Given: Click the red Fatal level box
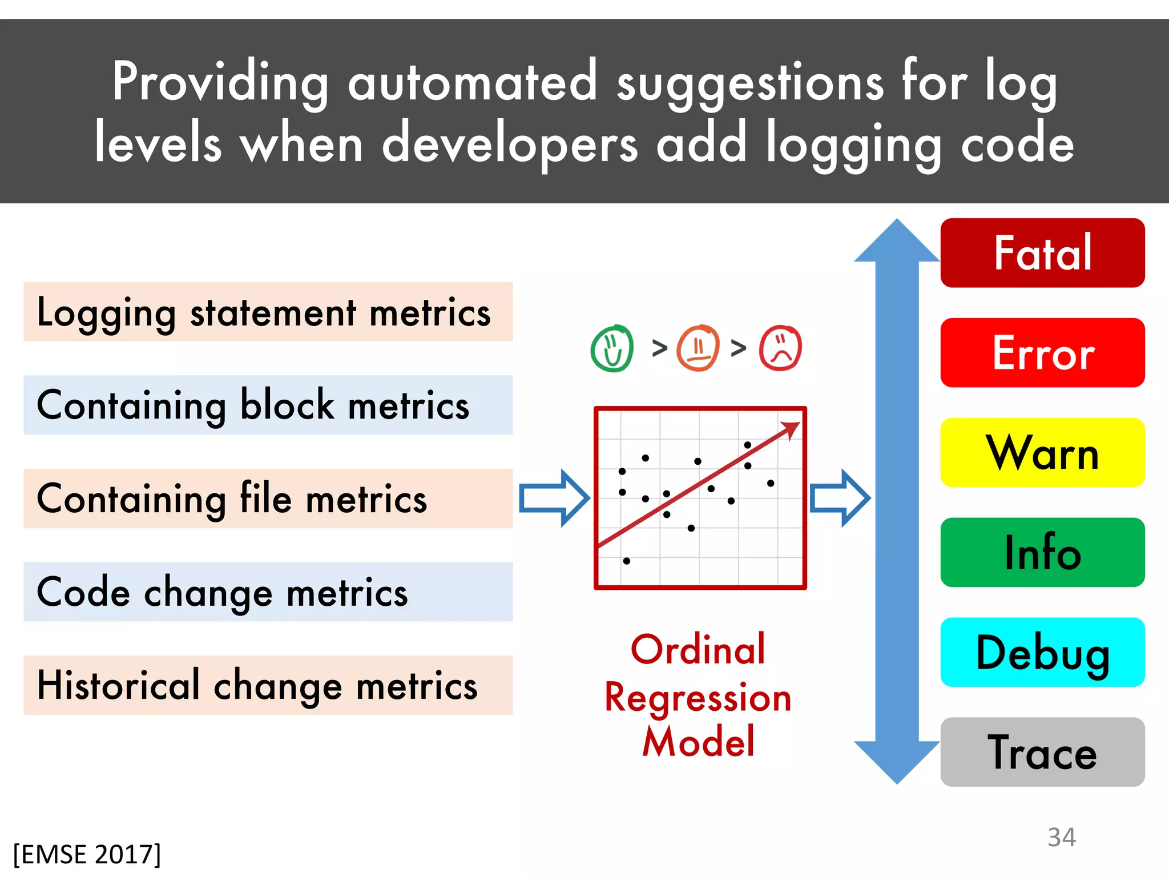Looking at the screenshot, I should click(1042, 252).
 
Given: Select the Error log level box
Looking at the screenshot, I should click(1042, 352).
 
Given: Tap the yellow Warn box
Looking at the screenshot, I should click(1042, 452).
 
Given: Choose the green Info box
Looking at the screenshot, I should click(1042, 552).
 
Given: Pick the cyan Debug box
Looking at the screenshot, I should click(1042, 652).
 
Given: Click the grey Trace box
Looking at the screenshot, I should click(1042, 752).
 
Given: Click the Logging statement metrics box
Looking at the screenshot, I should click(268, 312).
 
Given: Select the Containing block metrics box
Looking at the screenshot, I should click(268, 405).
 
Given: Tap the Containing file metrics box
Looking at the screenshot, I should click(268, 498).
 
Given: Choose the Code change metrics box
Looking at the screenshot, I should click(268, 592).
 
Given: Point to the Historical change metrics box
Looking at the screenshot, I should click(268, 685).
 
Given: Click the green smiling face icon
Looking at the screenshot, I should click(612, 348).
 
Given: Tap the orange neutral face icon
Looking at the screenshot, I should click(698, 348).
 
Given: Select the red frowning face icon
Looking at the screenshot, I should click(780, 348).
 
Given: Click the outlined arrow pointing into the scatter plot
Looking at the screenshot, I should click(554, 498).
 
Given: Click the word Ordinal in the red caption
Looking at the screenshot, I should click(698, 650).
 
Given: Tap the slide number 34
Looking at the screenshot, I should click(1061, 837).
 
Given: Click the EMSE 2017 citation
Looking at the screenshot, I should click(87, 854).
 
